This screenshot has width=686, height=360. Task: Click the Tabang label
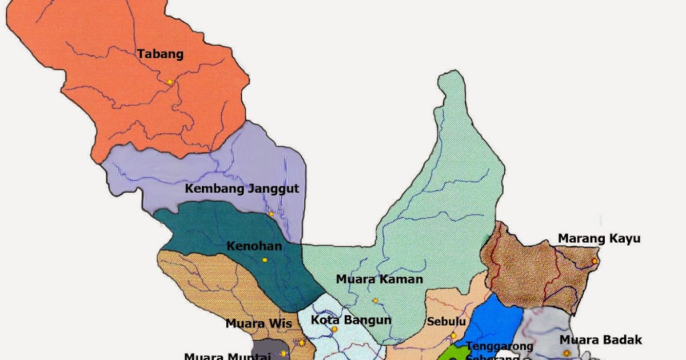point(160,54)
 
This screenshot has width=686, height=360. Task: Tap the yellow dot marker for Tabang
point(170,82)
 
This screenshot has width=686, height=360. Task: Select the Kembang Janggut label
point(242,189)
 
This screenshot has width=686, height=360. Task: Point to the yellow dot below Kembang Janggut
point(271,215)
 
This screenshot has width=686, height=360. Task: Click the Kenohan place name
point(254,246)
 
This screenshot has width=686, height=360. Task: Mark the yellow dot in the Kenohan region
point(265,260)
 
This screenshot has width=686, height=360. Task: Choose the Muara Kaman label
point(379,279)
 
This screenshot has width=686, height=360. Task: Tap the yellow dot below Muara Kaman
point(376,301)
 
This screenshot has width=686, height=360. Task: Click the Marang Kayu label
point(599,238)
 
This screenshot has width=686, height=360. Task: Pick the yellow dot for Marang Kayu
point(595,261)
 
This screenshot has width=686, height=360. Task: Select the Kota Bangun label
point(351,319)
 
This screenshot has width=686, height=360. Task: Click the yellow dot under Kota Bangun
point(334,330)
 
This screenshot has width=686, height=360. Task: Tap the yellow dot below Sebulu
point(453,335)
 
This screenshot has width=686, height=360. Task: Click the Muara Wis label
point(258,323)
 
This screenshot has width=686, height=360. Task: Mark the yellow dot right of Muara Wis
point(302,343)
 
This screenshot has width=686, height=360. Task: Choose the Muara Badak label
point(601,339)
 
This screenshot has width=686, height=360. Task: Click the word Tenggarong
point(500,346)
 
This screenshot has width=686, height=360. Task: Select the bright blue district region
point(494,323)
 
